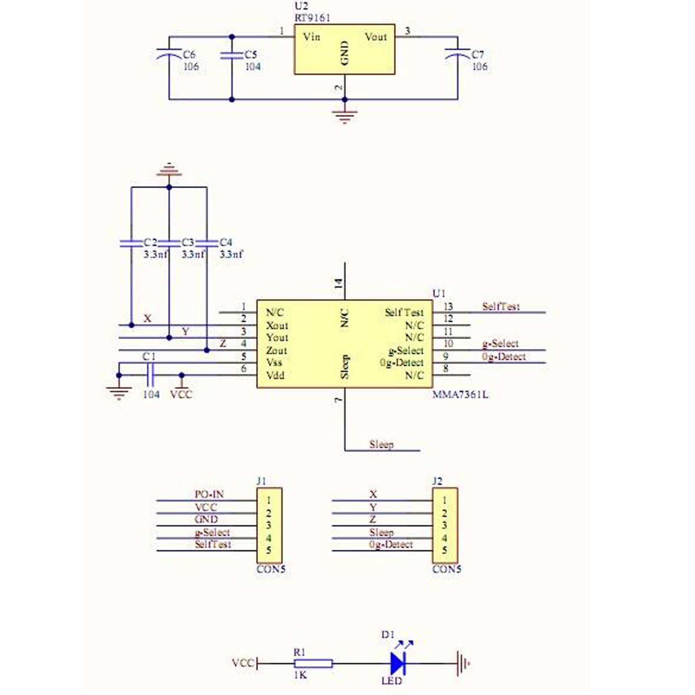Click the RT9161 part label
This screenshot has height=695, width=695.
[x=312, y=18]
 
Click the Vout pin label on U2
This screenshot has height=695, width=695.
[x=376, y=37]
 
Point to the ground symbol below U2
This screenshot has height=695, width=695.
[x=344, y=116]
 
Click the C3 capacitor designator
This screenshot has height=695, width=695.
[x=188, y=242]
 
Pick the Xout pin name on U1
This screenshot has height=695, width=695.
[x=277, y=325]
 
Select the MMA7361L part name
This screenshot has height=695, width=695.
[x=460, y=394]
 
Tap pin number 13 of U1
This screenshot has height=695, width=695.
[x=448, y=307]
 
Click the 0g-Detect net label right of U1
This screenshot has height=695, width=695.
[x=504, y=357]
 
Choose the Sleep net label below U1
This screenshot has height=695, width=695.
[x=381, y=444]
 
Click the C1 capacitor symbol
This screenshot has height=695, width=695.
[x=150, y=375]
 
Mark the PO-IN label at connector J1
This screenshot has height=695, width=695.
[x=209, y=494]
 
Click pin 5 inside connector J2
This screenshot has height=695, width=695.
[x=444, y=550]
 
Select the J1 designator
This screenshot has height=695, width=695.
[x=261, y=481]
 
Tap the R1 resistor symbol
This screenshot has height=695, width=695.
[x=313, y=663]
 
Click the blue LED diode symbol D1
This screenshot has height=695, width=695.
[x=397, y=663]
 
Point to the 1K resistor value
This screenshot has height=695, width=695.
[x=300, y=675]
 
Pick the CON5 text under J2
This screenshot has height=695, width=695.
[x=447, y=569]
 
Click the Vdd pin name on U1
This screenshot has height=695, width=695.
[x=275, y=375]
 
